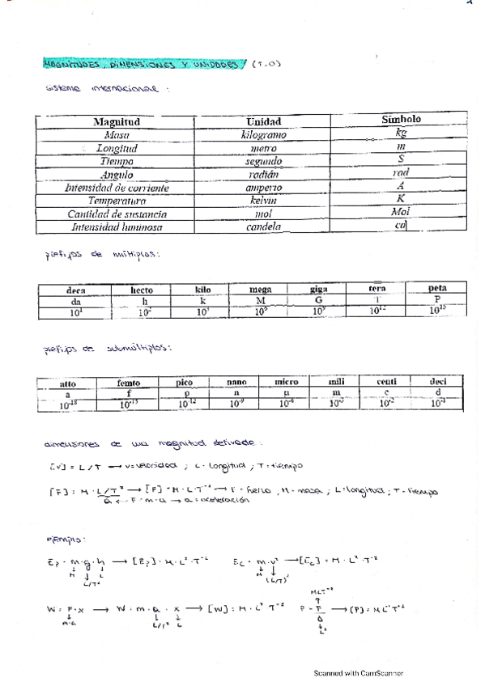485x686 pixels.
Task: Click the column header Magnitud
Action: click(x=117, y=121)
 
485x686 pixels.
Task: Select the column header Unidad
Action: click(x=263, y=121)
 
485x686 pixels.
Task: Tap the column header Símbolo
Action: click(x=401, y=120)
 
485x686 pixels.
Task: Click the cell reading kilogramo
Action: click(x=264, y=135)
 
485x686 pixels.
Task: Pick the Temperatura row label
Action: click(x=117, y=201)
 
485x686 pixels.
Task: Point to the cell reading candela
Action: click(x=264, y=227)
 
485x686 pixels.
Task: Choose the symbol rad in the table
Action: click(x=401, y=173)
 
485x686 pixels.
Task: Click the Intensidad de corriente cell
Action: click(x=117, y=188)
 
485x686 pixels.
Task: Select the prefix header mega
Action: click(x=260, y=289)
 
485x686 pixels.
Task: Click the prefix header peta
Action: click(x=437, y=287)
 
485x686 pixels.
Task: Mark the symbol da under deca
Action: click(x=76, y=300)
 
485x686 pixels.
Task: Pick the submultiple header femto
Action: click(x=129, y=384)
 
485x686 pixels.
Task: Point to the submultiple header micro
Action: click(x=286, y=382)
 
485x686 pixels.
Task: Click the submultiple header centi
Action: click(x=389, y=380)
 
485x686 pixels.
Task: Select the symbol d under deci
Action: click(x=437, y=392)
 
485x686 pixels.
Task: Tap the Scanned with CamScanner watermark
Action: click(x=359, y=673)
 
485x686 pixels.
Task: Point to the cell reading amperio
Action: click(x=264, y=188)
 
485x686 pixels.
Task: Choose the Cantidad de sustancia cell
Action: click(x=117, y=214)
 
